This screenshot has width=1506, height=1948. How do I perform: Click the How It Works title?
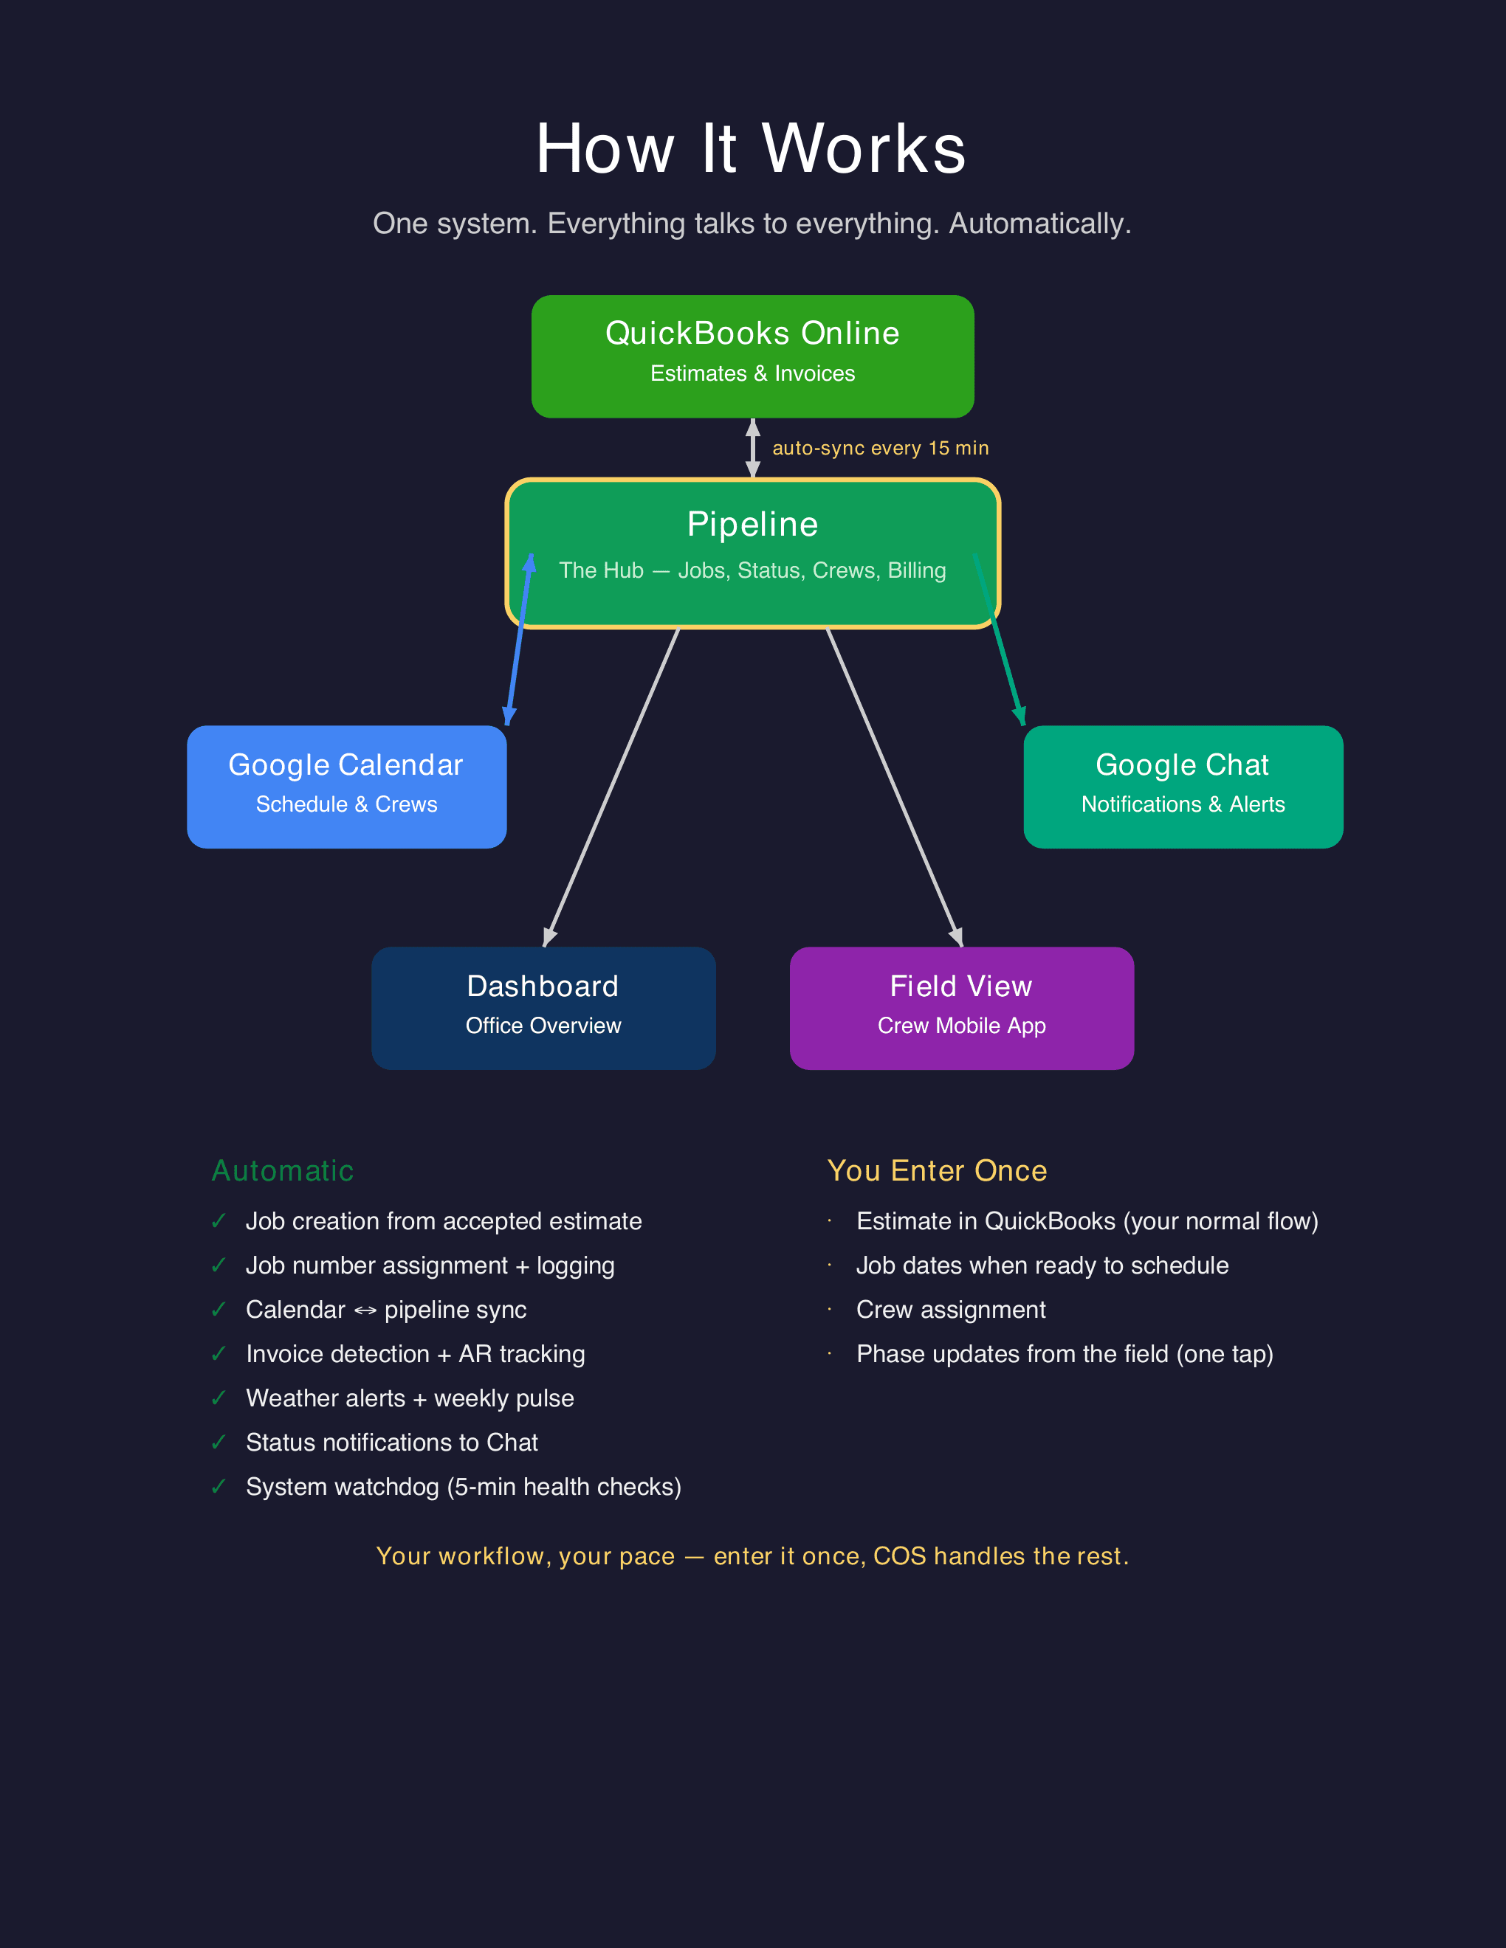(752, 148)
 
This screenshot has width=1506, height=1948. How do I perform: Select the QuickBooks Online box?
(752, 356)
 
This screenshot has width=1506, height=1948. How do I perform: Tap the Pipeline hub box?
(752, 553)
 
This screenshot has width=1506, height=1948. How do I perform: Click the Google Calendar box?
(346, 786)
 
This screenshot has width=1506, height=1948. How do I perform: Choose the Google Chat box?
(1183, 786)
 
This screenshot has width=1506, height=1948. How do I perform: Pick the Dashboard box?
(543, 1008)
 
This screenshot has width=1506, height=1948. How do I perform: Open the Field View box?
(962, 1008)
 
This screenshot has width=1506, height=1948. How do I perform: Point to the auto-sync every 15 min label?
(881, 448)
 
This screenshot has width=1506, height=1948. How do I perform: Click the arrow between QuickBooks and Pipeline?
(753, 448)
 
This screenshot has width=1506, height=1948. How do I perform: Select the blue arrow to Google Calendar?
(519, 638)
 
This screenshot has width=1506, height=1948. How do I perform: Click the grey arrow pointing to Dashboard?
(611, 787)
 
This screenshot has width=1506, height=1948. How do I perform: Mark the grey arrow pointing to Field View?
(895, 787)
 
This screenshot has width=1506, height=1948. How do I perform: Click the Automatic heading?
(283, 1170)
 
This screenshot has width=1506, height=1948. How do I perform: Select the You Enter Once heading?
(937, 1170)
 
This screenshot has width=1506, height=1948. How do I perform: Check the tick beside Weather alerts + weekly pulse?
(219, 1398)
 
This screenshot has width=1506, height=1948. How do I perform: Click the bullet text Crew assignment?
(951, 1310)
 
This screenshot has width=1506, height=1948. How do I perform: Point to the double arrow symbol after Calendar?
(365, 1310)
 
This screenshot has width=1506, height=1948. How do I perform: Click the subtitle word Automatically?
(1039, 224)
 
